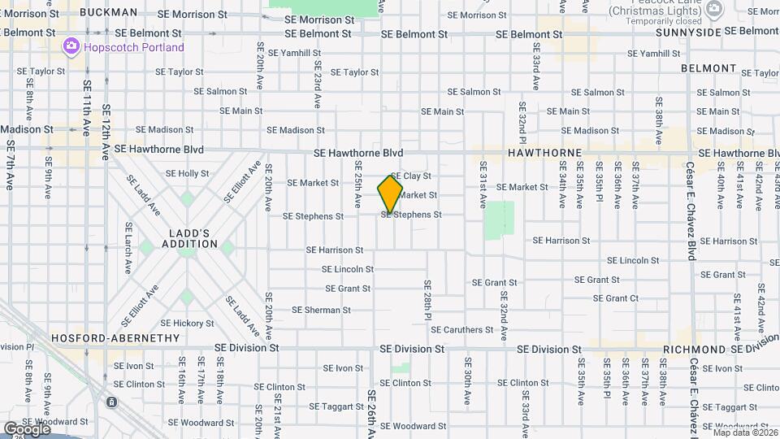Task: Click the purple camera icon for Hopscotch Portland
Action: coord(71,47)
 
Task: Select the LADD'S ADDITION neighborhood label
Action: coord(189,237)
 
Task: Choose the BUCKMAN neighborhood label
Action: coord(110,13)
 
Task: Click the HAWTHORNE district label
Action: coord(544,153)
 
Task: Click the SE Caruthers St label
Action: coord(462,330)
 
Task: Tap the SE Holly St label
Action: coord(187,173)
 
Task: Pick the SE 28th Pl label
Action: coord(427,300)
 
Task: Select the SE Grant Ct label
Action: coord(615,298)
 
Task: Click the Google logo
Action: coord(27,428)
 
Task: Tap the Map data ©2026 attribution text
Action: coord(745,432)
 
